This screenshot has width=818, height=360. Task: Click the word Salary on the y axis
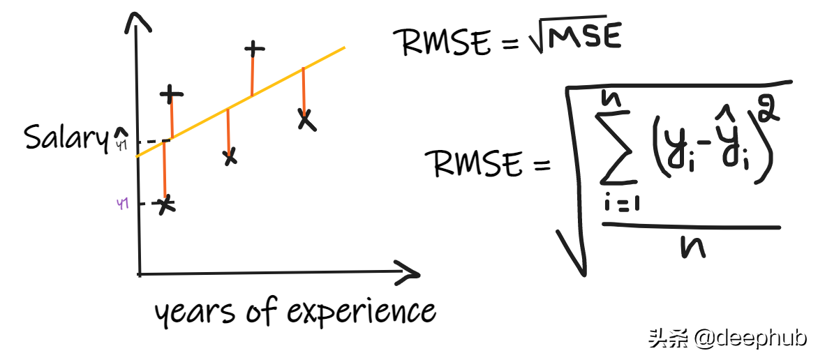[67, 137]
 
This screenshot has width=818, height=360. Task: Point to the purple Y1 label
[123, 204]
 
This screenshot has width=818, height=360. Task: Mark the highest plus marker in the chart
[255, 49]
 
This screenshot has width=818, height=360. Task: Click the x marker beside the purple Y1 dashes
[165, 205]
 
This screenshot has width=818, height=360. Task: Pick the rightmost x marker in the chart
[305, 120]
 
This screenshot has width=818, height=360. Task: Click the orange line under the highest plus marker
[253, 73]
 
